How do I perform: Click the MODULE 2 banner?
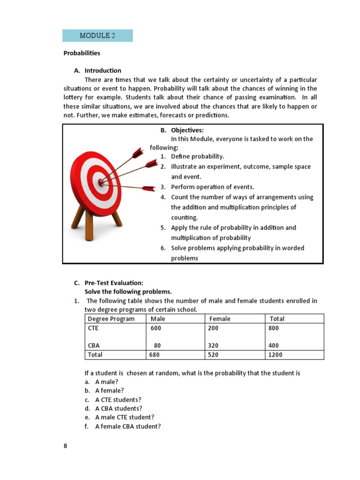[x=97, y=36]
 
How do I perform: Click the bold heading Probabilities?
[x=82, y=53]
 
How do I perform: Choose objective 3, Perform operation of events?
[x=212, y=187]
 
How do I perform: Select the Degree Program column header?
[x=111, y=319]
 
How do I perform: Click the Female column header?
[x=220, y=319]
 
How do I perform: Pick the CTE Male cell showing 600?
[x=156, y=329]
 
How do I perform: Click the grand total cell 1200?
[x=275, y=355]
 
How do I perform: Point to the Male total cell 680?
[x=155, y=355]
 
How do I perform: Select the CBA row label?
[x=93, y=346]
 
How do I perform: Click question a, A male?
[x=106, y=382]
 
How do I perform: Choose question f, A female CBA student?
[x=127, y=427]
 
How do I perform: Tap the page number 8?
[x=66, y=446]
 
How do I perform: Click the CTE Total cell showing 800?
[x=273, y=329]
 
